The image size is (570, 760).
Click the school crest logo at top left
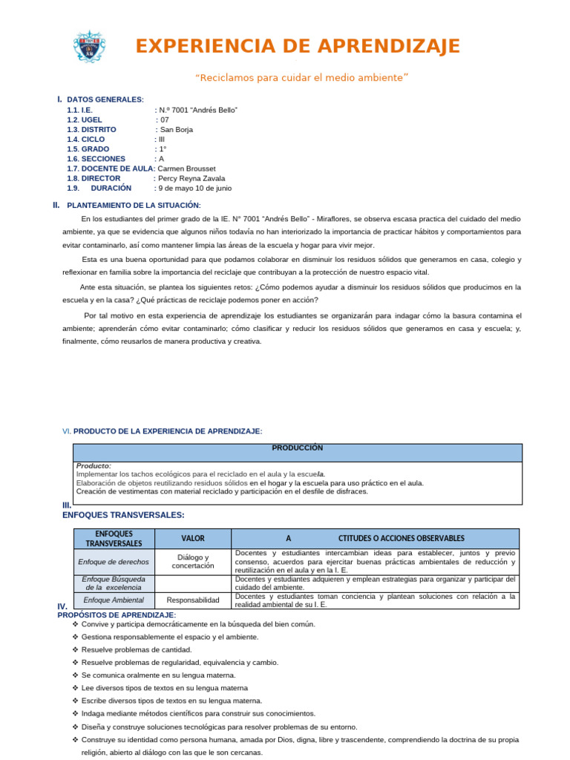click(89, 46)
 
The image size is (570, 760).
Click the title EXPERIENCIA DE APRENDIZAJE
click(298, 46)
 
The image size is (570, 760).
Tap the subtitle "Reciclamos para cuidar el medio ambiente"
click(301, 78)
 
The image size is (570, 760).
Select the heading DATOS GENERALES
click(105, 99)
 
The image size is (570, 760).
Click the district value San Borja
click(177, 129)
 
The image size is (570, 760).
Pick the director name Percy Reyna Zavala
click(191, 178)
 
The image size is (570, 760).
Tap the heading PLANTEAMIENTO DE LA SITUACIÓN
click(134, 206)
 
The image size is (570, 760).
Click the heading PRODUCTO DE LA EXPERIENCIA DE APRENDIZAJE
click(168, 431)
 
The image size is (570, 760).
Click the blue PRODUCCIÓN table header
click(297, 448)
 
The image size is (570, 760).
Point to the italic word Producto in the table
click(94, 465)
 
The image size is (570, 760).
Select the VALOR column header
click(193, 538)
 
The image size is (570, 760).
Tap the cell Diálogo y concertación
click(193, 561)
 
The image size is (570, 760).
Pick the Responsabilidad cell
click(193, 600)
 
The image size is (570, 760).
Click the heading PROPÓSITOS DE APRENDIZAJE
click(117, 615)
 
